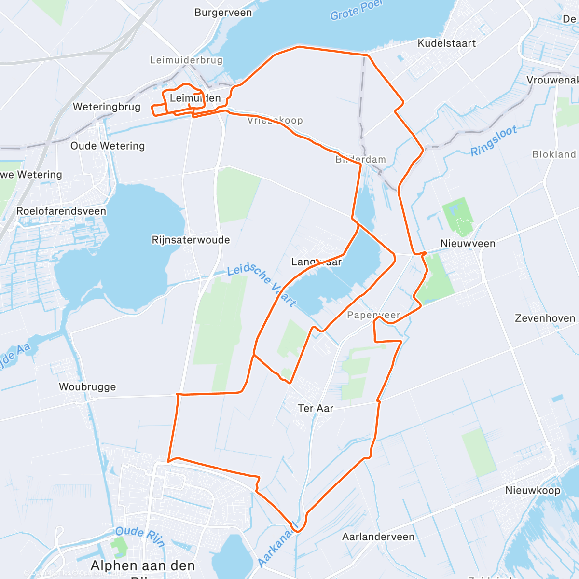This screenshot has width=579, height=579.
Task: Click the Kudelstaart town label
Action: click(446, 43)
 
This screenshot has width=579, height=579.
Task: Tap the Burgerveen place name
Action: click(223, 13)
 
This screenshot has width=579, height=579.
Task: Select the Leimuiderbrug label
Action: click(186, 60)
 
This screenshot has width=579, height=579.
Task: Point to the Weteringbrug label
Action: click(107, 107)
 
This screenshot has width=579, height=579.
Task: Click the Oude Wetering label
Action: click(108, 146)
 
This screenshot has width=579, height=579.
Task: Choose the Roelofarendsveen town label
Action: click(61, 211)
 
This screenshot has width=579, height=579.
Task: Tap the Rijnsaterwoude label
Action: click(191, 240)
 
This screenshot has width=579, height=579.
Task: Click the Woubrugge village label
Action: click(87, 386)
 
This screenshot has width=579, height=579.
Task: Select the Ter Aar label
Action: click(316, 408)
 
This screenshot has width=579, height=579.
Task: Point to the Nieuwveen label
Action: click(468, 244)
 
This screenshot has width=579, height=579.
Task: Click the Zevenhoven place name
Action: click(545, 318)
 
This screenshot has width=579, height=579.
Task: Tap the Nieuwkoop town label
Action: click(533, 490)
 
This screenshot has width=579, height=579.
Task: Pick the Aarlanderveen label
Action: click(378, 537)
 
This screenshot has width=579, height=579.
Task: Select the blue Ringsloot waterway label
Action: click(494, 140)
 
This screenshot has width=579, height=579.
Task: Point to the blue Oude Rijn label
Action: click(140, 536)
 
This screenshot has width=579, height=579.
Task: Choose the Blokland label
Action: click(554, 154)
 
